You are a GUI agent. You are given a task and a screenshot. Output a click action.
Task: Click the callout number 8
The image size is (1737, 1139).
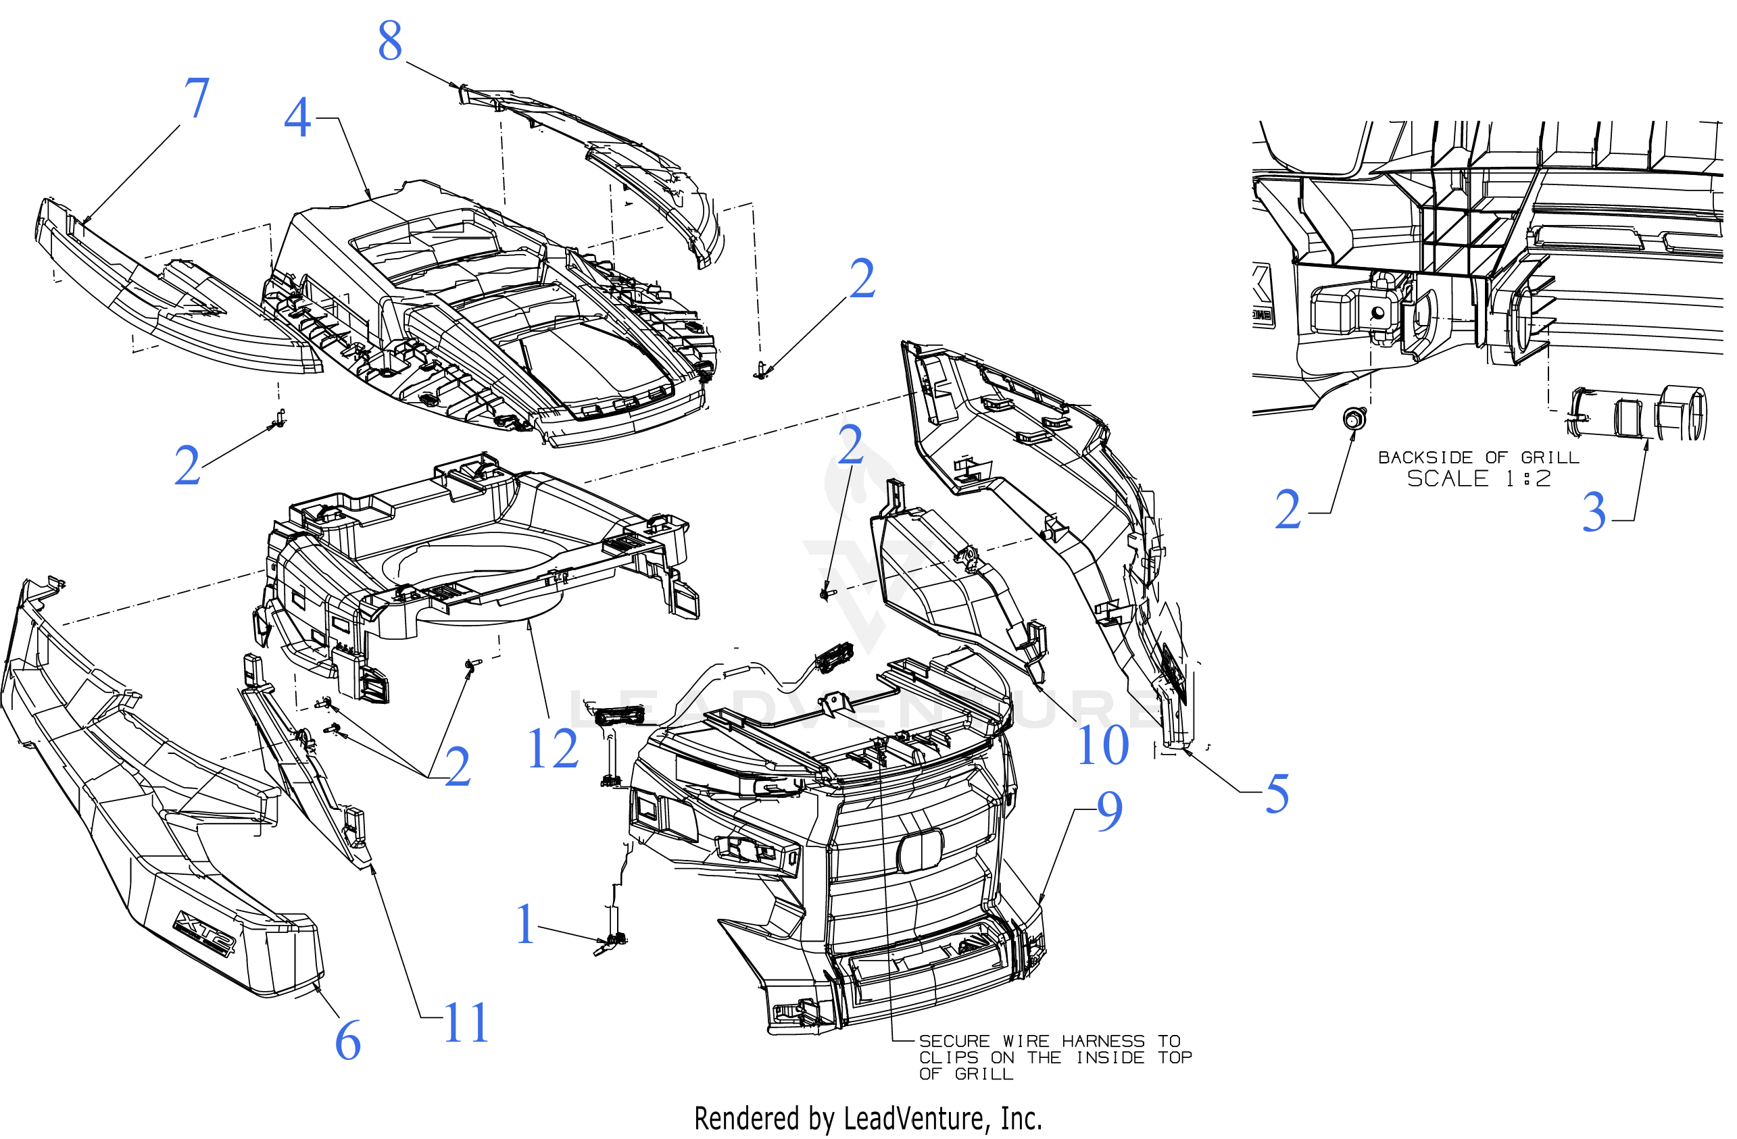390,42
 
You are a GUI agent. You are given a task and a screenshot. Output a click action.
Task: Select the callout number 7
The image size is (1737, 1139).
196,99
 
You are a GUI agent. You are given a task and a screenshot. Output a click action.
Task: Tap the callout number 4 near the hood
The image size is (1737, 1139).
297,118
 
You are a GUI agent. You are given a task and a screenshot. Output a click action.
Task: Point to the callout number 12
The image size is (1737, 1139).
552,749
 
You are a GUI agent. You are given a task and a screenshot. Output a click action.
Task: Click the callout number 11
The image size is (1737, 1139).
466,1023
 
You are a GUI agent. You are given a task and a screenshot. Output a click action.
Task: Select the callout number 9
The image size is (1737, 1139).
1108,811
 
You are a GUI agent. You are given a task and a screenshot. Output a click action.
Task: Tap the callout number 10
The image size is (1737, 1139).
1103,746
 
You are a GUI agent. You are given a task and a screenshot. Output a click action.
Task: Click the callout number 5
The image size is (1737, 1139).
1277,794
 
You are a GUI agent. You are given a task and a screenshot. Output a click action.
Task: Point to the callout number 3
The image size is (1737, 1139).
1594,513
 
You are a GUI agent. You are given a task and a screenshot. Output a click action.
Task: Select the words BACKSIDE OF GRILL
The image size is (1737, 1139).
1478,457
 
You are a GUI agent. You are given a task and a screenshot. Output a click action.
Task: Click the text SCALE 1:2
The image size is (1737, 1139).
1478,480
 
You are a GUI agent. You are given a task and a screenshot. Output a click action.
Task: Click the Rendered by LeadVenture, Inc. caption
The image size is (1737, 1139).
867,1119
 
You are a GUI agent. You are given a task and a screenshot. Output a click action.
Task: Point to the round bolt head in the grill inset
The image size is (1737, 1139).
1354,419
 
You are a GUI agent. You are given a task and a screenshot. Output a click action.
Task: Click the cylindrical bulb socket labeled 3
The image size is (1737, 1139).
1638,413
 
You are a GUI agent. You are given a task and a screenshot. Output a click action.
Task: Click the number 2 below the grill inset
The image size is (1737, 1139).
1288,511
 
